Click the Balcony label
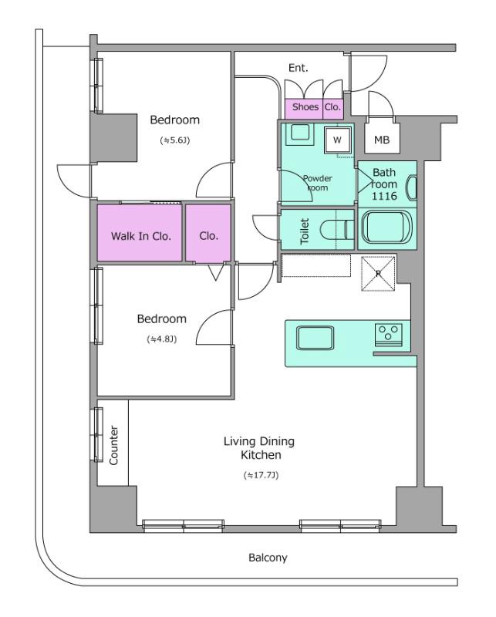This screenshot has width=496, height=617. point(268,558)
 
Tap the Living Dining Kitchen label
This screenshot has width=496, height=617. point(259,448)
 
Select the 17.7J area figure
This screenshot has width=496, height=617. point(261,475)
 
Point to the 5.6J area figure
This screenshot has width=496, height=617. point(175,140)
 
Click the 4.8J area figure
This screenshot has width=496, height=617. point(161,339)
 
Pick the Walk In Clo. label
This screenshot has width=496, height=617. point(141,236)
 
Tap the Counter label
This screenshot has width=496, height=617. point(113,445)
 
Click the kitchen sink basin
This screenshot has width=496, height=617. point(315,338)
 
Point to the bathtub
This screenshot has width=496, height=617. point(386,228)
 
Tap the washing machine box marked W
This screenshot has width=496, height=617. point(337,140)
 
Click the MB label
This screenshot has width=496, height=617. point(381,140)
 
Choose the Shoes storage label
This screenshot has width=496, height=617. point(305,106)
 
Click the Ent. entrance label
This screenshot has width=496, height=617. point(298,68)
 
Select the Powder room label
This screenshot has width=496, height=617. point(317,183)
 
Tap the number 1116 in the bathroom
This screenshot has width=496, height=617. point(385,196)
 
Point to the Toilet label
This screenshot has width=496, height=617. point(305,231)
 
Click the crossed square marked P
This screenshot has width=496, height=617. point(378,274)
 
